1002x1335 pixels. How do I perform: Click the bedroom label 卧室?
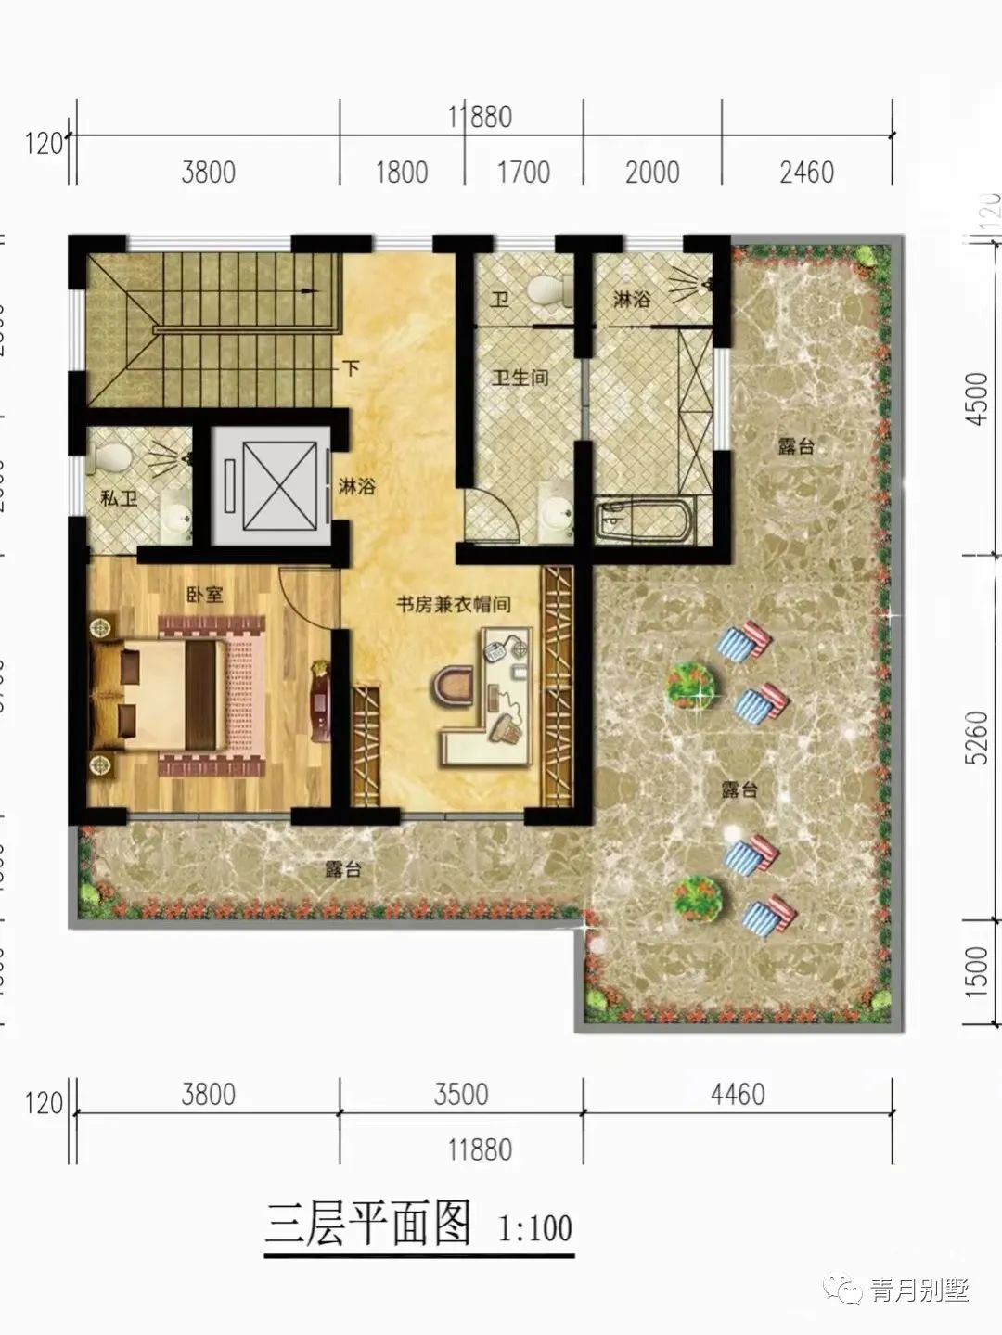pyautogui.click(x=204, y=594)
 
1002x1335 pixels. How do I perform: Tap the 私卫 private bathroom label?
pyautogui.click(x=119, y=498)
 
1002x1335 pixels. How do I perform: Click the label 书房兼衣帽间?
pyautogui.click(x=454, y=604)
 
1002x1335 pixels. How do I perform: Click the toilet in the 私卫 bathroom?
pyautogui.click(x=113, y=456)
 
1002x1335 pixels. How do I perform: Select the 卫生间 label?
pyautogui.click(x=520, y=378)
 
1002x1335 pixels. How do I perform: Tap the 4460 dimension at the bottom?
pyautogui.click(x=738, y=1094)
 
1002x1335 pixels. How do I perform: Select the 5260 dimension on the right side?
pyautogui.click(x=976, y=738)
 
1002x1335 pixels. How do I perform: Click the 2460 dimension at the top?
pyautogui.click(x=806, y=173)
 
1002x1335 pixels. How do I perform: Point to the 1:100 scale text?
pyautogui.click(x=535, y=1229)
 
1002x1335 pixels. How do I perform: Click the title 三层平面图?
pyautogui.click(x=368, y=1224)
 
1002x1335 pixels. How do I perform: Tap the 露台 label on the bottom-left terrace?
pyautogui.click(x=342, y=869)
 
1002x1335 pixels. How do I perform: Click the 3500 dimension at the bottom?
pyautogui.click(x=461, y=1094)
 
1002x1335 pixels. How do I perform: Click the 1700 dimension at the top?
pyautogui.click(x=524, y=173)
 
